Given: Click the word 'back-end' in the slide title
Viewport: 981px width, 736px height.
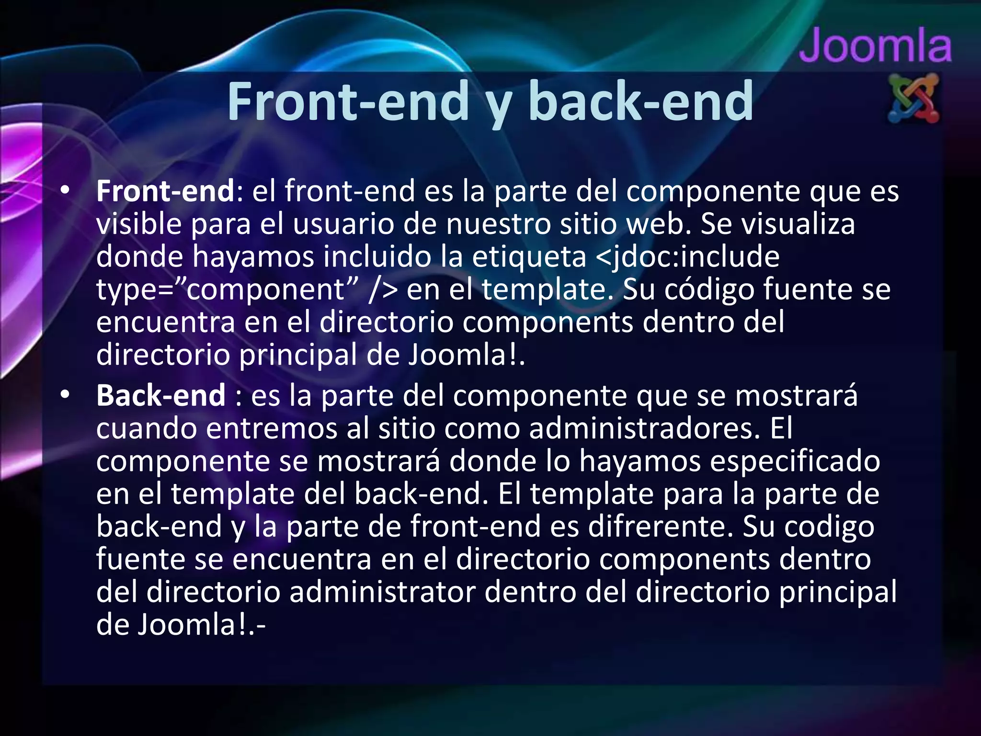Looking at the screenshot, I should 640,102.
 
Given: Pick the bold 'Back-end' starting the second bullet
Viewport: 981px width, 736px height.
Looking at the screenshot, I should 161,395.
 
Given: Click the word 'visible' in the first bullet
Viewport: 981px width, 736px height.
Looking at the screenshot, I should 139,224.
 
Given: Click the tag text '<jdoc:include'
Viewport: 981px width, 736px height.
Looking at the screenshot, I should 688,256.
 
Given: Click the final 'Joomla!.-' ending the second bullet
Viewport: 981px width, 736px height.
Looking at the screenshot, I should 201,625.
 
